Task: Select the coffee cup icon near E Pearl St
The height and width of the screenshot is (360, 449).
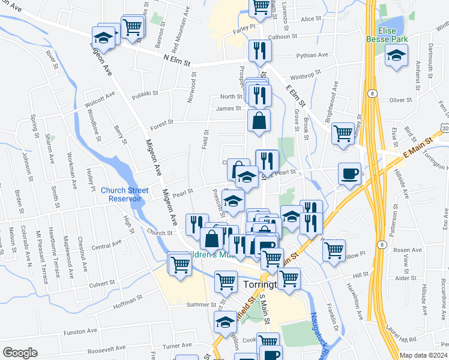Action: (349, 174)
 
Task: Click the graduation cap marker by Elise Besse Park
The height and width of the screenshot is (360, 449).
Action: (396, 58)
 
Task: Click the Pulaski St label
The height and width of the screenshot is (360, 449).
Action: (145, 93)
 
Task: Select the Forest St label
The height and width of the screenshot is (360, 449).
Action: (162, 122)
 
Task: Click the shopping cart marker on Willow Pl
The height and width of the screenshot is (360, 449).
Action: (334, 250)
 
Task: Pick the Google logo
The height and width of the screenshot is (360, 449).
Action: (20, 353)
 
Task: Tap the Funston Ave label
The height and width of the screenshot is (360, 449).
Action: (80, 331)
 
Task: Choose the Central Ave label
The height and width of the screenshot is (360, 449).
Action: (107, 245)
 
